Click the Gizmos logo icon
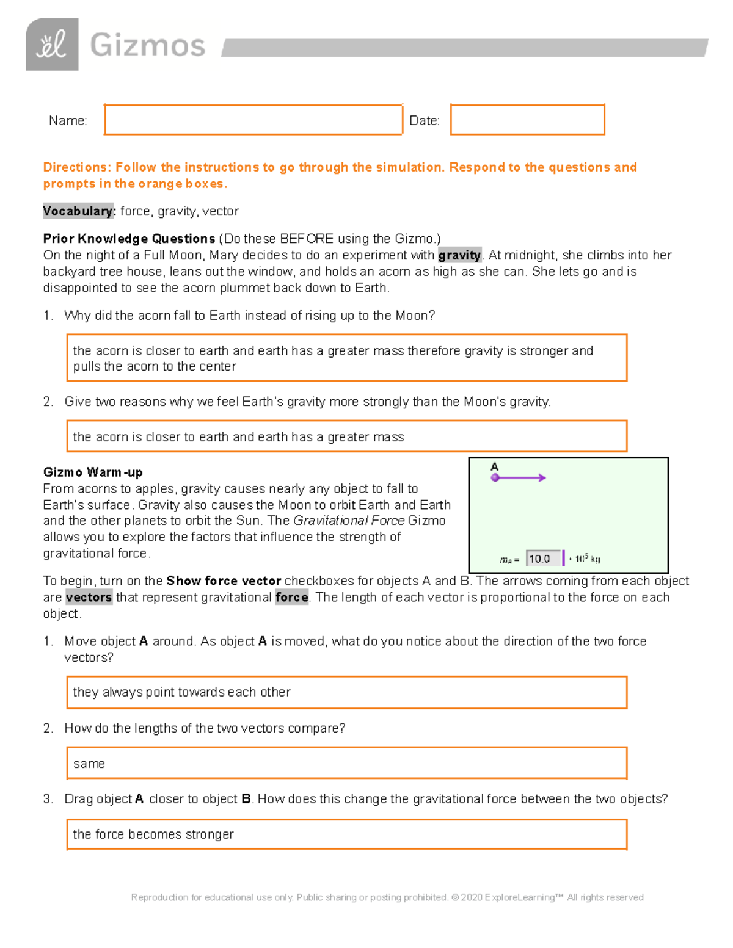tap(52, 45)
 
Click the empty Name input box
tap(253, 120)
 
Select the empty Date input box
tap(527, 120)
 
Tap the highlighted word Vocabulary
tap(78, 211)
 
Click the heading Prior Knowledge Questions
tap(129, 239)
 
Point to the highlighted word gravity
tap(459, 255)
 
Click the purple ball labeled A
tap(495, 478)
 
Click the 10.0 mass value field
tap(542, 559)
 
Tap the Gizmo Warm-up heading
tap(93, 472)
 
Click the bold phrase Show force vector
tap(224, 581)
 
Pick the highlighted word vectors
tap(89, 598)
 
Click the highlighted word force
tap(291, 598)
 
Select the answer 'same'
tap(89, 764)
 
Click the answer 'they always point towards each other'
tap(181, 692)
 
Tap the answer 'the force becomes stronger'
tap(153, 834)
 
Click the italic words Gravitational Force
tap(349, 521)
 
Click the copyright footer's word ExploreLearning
tap(519, 897)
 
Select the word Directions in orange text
tap(77, 167)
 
